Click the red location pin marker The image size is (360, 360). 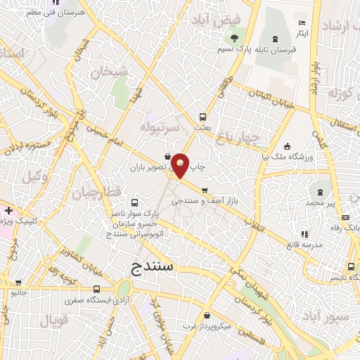(181, 165)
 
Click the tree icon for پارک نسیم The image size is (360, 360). (235, 38)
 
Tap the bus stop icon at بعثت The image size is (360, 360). (203, 117)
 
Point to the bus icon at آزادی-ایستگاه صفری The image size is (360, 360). (96, 289)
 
